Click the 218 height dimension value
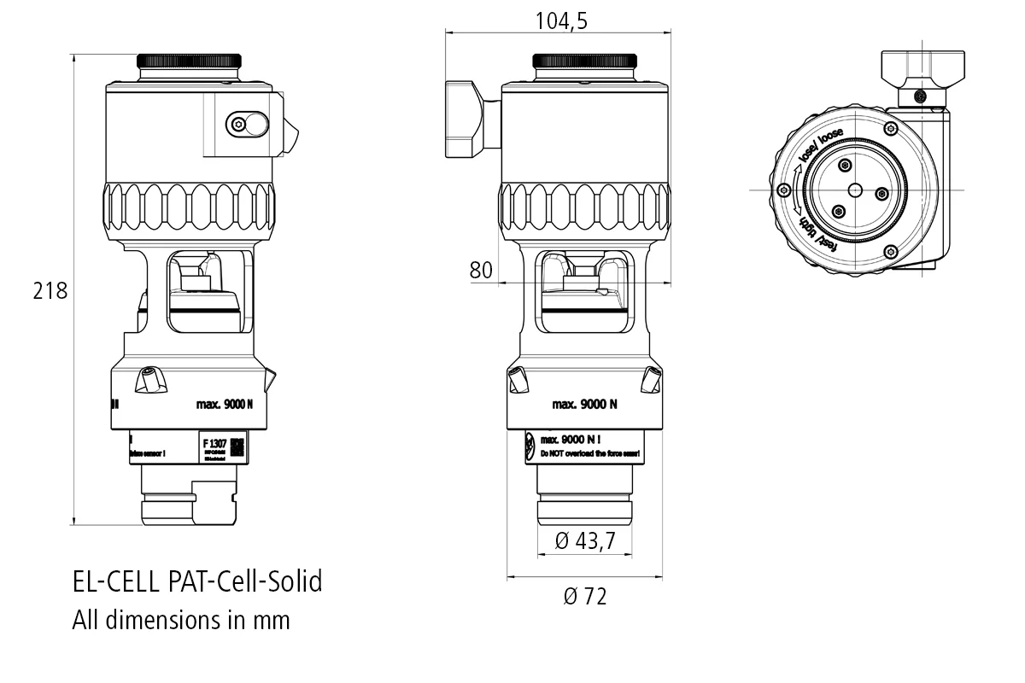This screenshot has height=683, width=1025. [x=50, y=291]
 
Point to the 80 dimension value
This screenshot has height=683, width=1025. [x=481, y=271]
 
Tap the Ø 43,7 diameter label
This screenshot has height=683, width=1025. [x=586, y=540]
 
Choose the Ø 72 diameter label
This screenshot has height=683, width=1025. [x=585, y=597]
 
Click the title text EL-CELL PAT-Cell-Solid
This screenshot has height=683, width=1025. [x=197, y=582]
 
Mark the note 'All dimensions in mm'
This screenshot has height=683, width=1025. [x=181, y=620]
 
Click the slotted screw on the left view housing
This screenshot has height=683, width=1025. [x=247, y=125]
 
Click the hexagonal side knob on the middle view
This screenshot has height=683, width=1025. [x=466, y=120]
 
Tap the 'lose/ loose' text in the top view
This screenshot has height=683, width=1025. [x=819, y=149]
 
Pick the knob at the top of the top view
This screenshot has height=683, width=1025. [x=916, y=69]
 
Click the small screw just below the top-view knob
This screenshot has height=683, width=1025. [x=920, y=96]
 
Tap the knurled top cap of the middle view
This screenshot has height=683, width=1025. [x=585, y=61]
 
